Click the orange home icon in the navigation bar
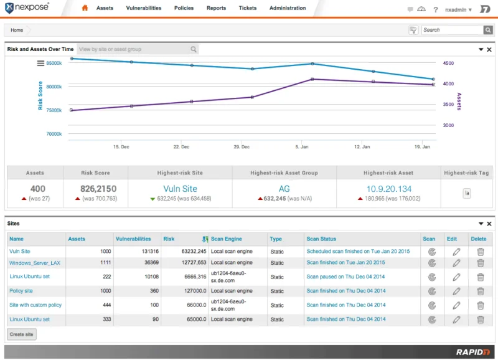[x=85, y=7]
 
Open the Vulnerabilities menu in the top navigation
[x=144, y=8]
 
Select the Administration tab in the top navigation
[x=288, y=8]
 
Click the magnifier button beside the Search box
[x=488, y=30]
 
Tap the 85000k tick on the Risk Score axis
[x=54, y=63]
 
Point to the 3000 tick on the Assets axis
[x=448, y=125]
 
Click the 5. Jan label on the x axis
[x=302, y=147]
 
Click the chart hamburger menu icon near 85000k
[x=40, y=64]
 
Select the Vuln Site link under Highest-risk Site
[x=180, y=189]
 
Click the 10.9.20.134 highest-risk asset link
[x=388, y=189]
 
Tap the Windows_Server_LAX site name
[x=35, y=263]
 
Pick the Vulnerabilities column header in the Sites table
[x=133, y=239]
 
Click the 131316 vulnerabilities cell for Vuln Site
[x=150, y=252]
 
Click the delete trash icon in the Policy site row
[x=481, y=291]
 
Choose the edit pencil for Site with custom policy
[x=456, y=305]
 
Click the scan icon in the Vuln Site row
[x=432, y=252]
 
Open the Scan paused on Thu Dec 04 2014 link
[x=345, y=277]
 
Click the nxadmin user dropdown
[x=458, y=9]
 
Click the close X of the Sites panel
[x=489, y=224]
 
